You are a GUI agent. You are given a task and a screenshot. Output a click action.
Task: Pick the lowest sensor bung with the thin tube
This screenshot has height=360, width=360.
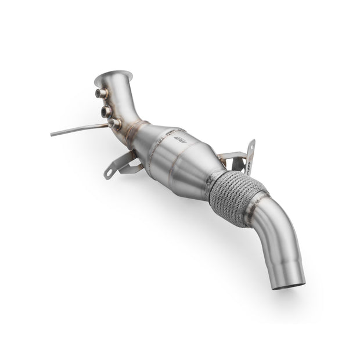coord(114,124)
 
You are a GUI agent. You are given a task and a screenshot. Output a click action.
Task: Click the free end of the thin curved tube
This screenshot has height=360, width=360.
coord(52,134)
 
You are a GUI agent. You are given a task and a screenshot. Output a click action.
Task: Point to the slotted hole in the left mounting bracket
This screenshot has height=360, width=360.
coord(109,172)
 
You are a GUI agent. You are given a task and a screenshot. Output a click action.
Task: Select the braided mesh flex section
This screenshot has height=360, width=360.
coord(237,197)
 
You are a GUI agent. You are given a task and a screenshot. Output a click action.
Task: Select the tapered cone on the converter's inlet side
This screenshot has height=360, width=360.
coord(148,137)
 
